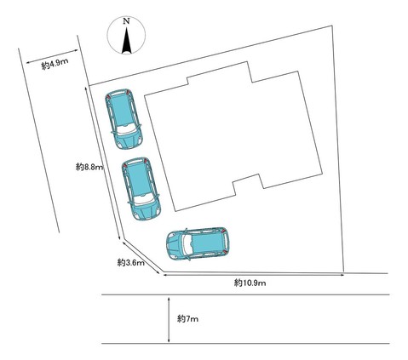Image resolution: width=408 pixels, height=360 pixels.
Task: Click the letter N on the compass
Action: pos(126,21)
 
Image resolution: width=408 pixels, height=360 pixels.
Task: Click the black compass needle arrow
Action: pos(127,40)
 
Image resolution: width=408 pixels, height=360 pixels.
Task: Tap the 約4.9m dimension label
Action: pos(55,65)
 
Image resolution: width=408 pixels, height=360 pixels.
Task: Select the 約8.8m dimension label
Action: pos(89,167)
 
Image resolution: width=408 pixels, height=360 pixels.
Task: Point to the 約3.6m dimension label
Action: pos(131,263)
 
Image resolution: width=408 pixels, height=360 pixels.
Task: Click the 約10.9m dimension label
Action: pos(250,283)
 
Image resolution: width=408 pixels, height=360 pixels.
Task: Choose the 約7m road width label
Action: pos(187,319)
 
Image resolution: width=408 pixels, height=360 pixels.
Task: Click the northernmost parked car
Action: pos(124,119)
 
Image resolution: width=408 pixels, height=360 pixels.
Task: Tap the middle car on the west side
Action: pos(141,189)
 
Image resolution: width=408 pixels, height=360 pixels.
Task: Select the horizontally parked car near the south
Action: pos(198,243)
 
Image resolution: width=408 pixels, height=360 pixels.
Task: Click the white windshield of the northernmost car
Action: pos(127,130)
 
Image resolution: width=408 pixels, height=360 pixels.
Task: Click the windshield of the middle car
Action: pos(144,200)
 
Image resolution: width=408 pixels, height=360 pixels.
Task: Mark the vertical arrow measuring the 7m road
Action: pos(169,319)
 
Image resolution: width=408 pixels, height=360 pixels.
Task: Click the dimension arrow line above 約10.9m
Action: pos(254,274)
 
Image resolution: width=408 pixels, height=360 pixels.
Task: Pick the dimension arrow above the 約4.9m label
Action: pos(52,56)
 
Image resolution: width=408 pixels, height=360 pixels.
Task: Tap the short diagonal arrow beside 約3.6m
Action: pos(141,258)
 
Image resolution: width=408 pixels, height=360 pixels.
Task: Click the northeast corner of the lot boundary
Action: pos(331,26)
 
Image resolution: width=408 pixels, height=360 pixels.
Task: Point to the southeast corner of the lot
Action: pos(344,271)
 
